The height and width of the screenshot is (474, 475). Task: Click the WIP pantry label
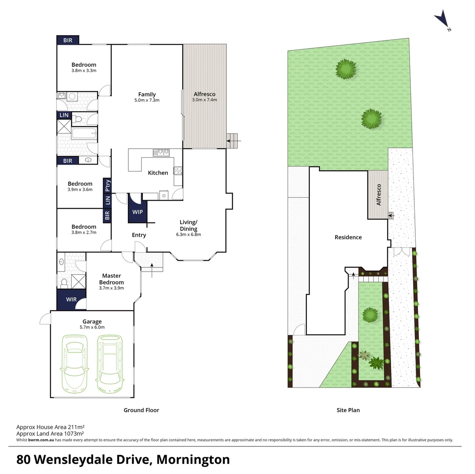138,212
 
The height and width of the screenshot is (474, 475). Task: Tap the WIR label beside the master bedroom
71,299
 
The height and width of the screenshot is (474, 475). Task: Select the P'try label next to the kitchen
107,186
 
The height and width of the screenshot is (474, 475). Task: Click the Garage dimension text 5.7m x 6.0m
92,327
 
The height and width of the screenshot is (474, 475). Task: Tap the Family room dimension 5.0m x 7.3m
147,100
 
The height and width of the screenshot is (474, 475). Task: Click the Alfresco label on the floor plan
204,94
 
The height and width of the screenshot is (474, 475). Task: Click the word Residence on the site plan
348,237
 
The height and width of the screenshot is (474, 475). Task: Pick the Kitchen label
158,173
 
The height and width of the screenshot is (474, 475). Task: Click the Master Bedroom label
111,279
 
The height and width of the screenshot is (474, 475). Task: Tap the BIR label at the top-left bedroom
68,40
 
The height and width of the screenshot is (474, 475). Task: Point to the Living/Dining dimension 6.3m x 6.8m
188,234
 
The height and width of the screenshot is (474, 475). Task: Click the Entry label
139,235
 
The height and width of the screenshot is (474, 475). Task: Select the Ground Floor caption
141,410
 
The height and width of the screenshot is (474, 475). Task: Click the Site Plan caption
348,410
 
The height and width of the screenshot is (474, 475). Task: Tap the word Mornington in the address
193,460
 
